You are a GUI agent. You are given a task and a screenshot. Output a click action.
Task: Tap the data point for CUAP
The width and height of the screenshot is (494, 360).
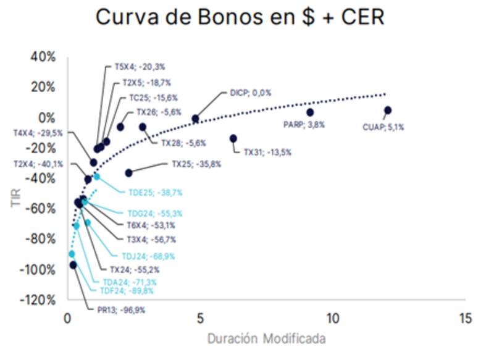tap(388, 111)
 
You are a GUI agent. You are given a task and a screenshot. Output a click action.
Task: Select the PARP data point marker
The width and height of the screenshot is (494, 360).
tap(310, 112)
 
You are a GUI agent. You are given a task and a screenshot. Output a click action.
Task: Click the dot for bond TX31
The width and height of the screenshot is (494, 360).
tap(233, 139)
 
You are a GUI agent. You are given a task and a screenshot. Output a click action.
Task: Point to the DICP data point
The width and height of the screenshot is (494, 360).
tap(196, 119)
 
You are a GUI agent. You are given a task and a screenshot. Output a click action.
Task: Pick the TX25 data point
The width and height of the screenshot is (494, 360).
tap(128, 173)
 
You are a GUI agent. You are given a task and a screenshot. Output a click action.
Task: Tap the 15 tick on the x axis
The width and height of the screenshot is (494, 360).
tap(466, 319)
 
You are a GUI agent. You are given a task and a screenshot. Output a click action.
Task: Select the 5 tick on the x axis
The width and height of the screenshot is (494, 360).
tap(201, 319)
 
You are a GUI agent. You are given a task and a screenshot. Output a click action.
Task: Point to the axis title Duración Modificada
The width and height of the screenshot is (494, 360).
tap(266, 339)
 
